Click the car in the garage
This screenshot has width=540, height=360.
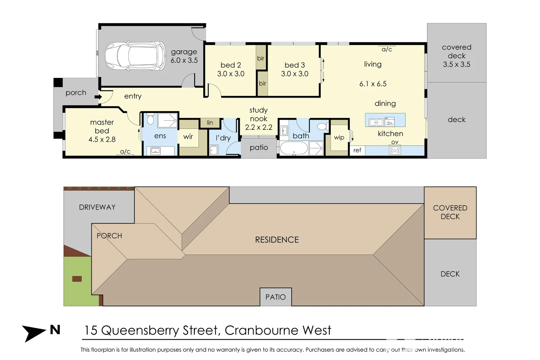[x=135, y=56]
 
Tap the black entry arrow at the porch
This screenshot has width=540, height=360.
[x=98, y=97]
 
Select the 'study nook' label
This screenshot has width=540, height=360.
[x=259, y=114]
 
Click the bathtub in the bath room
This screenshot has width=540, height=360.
[x=294, y=148]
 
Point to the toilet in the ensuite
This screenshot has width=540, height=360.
[x=150, y=120]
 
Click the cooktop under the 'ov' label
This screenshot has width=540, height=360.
[x=395, y=151]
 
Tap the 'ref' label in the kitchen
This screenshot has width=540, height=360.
[x=357, y=150]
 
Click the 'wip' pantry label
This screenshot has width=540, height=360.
[x=339, y=137]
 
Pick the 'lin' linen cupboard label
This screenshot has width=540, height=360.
[x=210, y=123]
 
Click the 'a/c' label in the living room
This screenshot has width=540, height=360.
[x=387, y=50]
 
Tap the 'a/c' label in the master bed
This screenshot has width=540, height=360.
[x=125, y=152]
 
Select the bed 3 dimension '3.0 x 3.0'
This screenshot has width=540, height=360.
[x=295, y=74]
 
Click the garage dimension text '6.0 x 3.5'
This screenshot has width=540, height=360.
[x=184, y=60]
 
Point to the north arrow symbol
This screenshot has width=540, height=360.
[x=33, y=332]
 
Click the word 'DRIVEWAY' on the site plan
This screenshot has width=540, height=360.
[x=97, y=207]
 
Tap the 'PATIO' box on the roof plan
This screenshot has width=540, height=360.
[x=276, y=297]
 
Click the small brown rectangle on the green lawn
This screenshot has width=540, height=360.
[x=77, y=279]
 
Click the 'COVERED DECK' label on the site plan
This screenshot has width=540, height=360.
[x=450, y=212]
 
